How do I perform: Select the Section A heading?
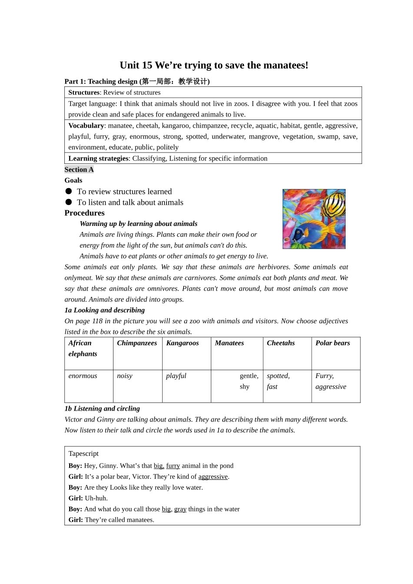[x=79, y=169]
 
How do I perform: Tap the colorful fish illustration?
[x=314, y=219]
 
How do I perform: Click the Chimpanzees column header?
[x=137, y=343]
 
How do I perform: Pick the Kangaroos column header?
[x=183, y=343]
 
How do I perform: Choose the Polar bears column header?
[x=333, y=343]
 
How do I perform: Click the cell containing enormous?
[x=83, y=376]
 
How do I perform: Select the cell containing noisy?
[x=125, y=376]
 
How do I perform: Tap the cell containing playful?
[x=176, y=376]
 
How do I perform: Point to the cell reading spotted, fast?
[x=278, y=381]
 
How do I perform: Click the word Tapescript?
[x=83, y=454]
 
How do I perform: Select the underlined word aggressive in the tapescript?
[x=213, y=477]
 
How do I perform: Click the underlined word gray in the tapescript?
[x=180, y=509]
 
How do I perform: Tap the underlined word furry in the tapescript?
[x=173, y=466]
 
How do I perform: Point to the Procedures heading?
[x=85, y=213]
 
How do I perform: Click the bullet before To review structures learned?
[x=69, y=191]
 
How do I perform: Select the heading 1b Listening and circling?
[x=102, y=408]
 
